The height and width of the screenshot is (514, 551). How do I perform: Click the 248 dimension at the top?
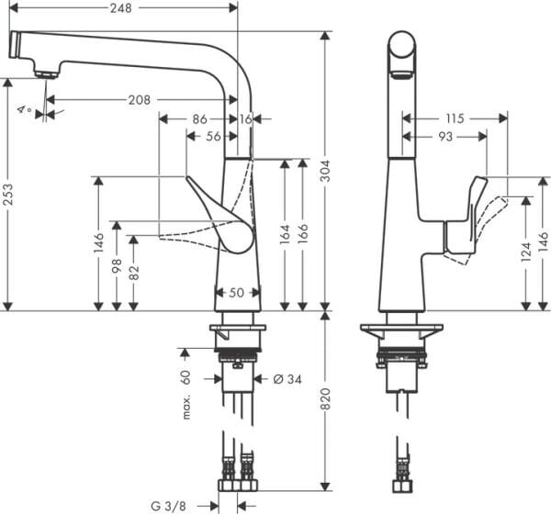pyautogui.click(x=121, y=7)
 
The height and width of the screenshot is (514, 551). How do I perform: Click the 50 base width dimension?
pyautogui.click(x=237, y=293)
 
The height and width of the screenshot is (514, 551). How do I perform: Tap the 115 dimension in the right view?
pyautogui.click(x=455, y=117)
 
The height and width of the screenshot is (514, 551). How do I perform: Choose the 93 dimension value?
pyautogui.click(x=444, y=137)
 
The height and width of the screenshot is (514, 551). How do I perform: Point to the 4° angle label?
pyautogui.click(x=23, y=111)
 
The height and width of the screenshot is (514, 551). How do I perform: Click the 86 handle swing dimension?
pyautogui.click(x=199, y=118)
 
